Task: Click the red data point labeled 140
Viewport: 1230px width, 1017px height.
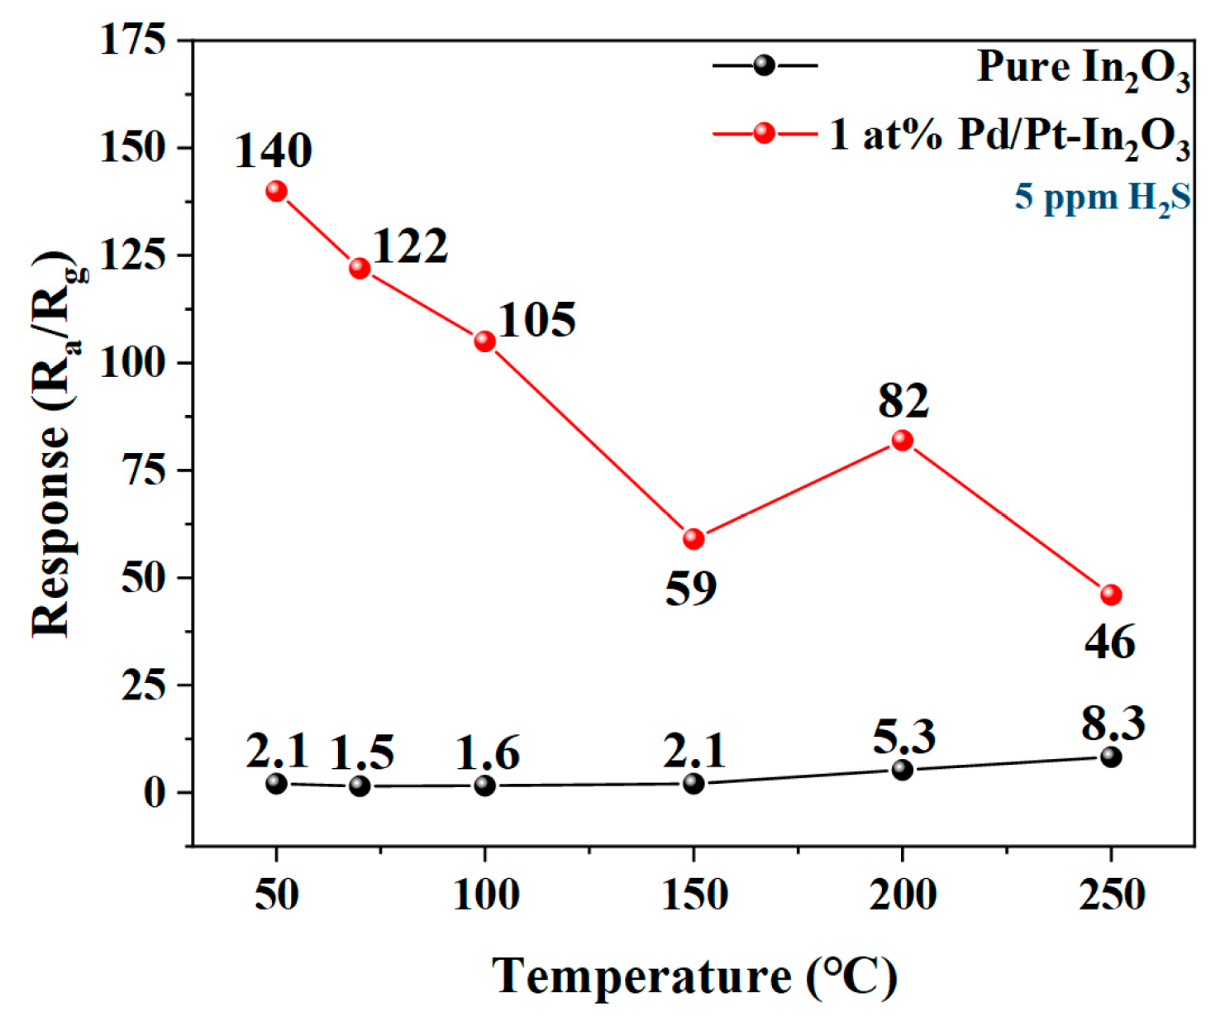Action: (x=276, y=191)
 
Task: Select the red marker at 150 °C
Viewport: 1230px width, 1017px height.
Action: (x=694, y=539)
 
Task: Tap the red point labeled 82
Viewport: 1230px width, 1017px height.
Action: (x=902, y=441)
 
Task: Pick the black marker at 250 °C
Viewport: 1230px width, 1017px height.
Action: (x=1111, y=757)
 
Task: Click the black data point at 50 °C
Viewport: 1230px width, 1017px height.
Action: (x=276, y=783)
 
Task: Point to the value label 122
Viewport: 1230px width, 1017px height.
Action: (x=410, y=246)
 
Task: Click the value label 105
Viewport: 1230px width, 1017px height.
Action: (x=537, y=320)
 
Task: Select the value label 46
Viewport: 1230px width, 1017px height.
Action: (x=1110, y=642)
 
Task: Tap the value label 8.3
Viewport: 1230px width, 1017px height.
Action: (x=1113, y=723)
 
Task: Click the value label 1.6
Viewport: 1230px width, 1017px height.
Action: (x=488, y=753)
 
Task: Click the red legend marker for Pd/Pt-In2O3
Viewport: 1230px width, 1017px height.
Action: (x=765, y=133)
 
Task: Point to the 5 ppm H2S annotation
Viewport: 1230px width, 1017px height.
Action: (x=1103, y=198)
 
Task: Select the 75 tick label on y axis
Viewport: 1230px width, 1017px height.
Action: (x=144, y=470)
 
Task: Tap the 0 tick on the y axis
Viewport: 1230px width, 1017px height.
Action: (x=155, y=793)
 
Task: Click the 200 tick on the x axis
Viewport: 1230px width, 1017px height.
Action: (x=902, y=895)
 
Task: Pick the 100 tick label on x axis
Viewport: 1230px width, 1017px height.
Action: (x=486, y=895)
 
